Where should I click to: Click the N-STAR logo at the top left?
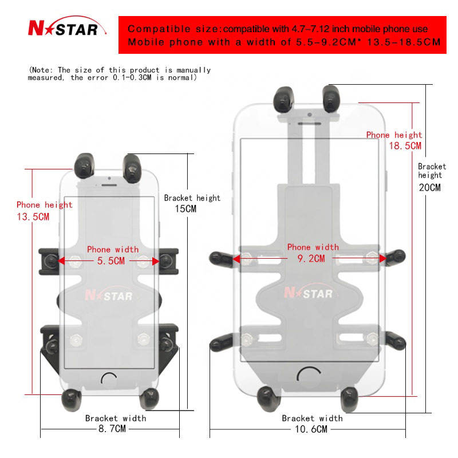67,27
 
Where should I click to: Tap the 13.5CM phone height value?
33,217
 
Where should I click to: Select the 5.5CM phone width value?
111,260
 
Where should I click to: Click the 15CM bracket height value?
185,208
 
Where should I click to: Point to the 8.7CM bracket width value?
112,428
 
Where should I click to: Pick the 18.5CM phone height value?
405,145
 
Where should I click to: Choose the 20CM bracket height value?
430,187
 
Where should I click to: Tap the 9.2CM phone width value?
311,258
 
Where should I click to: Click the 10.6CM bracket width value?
311,429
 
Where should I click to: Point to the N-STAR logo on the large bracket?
309,292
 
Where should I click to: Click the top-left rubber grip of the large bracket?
283,99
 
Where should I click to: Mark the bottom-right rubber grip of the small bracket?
149,398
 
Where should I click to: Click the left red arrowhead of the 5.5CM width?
61,260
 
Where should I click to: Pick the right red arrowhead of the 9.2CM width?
382,258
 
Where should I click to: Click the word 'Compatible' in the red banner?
159,29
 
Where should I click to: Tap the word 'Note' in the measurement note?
41,70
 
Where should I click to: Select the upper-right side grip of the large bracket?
395,258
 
